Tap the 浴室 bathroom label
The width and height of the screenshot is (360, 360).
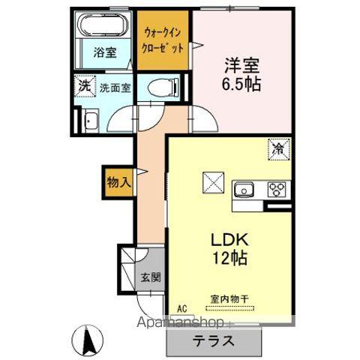pos(105,53)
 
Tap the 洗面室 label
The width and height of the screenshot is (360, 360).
pos(115,87)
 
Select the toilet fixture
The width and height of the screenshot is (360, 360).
pos(160,88)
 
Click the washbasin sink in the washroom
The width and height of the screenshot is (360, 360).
pos(88,121)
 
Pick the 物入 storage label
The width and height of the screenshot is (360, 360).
pos(118,181)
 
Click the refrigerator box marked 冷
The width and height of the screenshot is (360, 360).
pos(277,149)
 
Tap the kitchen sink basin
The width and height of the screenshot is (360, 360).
pos(246,189)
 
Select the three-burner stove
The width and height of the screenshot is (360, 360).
pos(274,189)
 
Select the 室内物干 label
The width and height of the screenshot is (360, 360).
pos(228,303)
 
